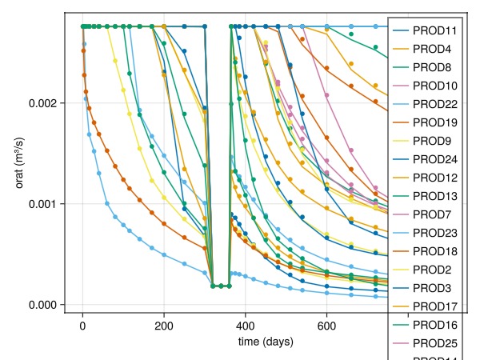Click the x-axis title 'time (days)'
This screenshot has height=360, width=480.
pyautogui.click(x=266, y=342)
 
